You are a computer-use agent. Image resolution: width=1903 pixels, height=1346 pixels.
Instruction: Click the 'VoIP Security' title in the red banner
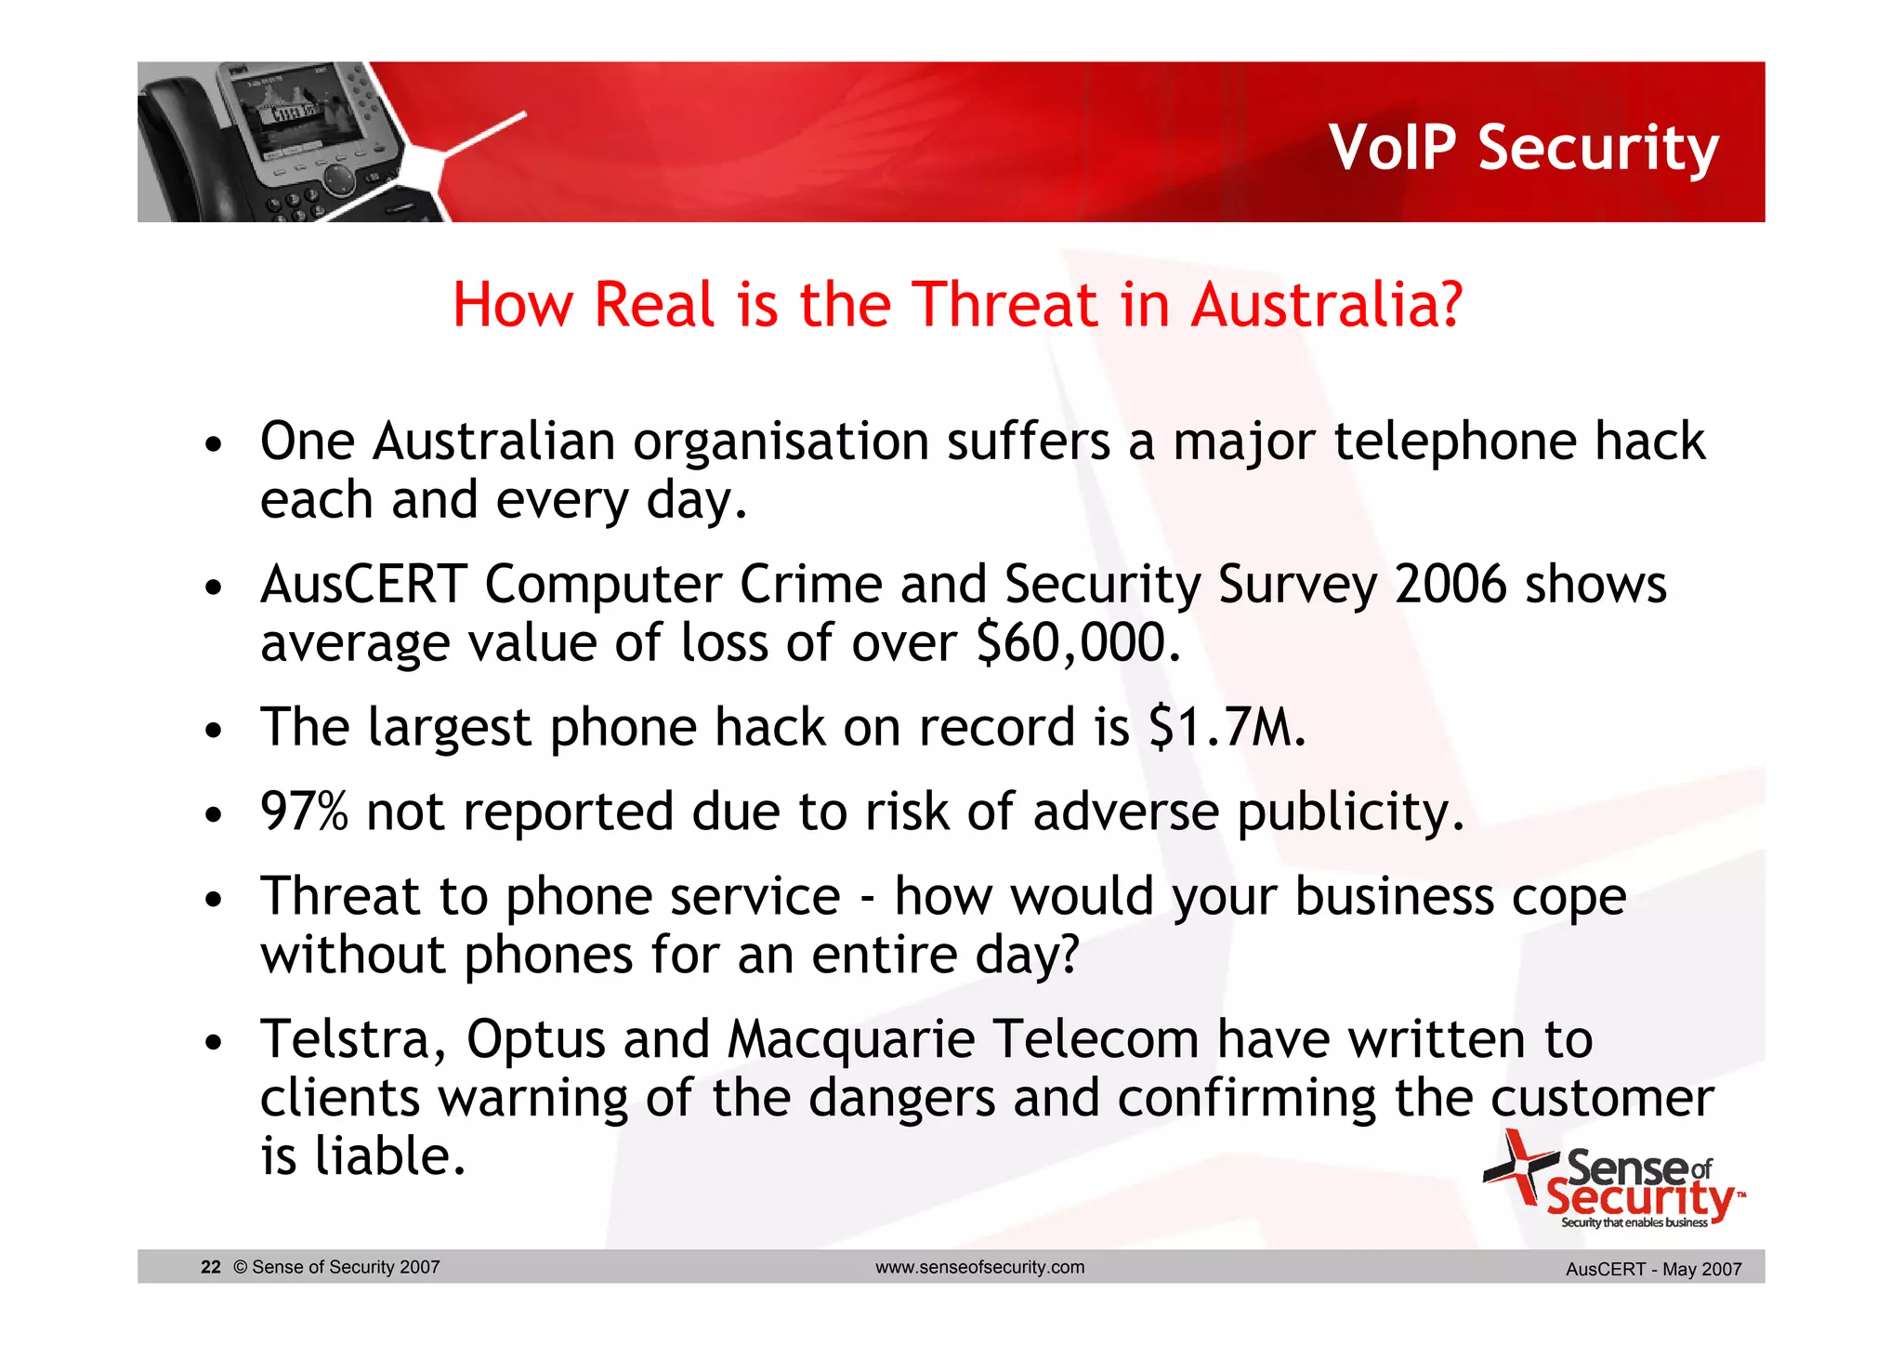(1524, 149)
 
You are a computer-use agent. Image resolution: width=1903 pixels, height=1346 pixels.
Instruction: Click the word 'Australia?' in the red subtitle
(1327, 305)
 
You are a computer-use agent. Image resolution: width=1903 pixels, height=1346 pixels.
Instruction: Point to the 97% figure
(304, 812)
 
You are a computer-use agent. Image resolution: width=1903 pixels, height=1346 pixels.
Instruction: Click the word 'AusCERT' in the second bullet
(363, 585)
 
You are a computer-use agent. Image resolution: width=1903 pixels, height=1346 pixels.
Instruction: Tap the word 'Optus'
(535, 1039)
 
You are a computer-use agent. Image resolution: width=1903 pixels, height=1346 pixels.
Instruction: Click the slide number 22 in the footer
(211, 1267)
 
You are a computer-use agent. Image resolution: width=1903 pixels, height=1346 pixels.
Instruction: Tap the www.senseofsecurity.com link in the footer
(979, 1267)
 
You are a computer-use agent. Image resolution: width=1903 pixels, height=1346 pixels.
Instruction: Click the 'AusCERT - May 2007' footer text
(1653, 1269)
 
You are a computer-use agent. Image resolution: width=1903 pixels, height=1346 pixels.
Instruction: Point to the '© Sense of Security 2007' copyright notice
(336, 1267)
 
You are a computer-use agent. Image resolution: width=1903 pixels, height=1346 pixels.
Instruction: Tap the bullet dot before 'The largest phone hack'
(214, 731)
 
